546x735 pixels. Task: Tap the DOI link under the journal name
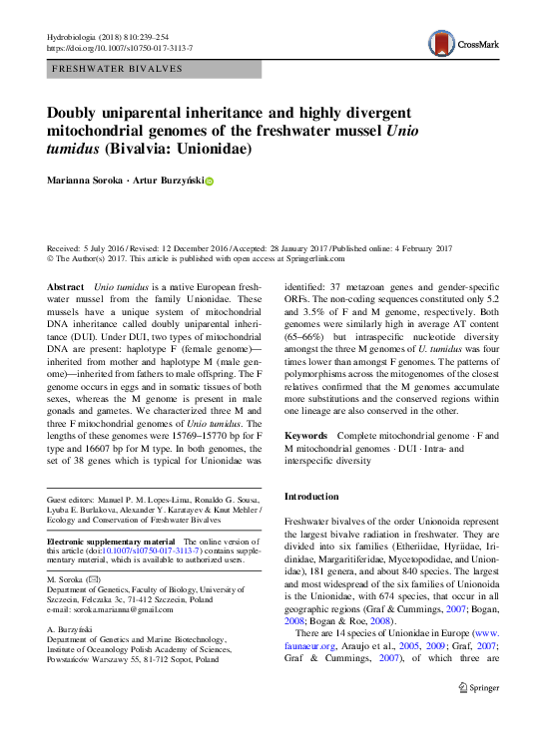120,48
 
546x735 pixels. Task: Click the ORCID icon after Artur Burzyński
210,182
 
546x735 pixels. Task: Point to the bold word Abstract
66,286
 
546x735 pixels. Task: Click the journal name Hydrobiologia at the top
75,36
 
